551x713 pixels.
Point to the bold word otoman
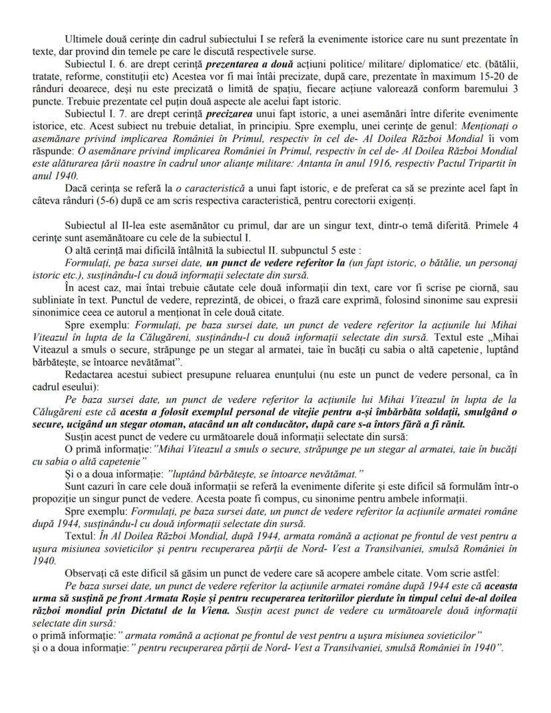coord(183,423)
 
